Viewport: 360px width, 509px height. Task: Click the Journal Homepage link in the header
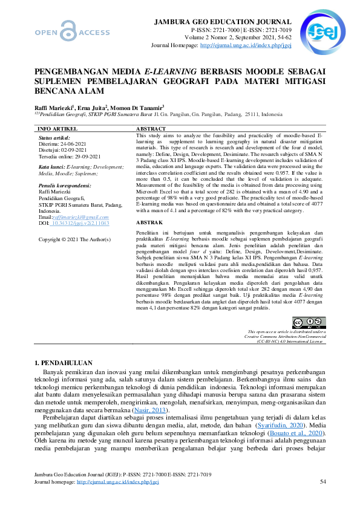click(245, 45)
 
